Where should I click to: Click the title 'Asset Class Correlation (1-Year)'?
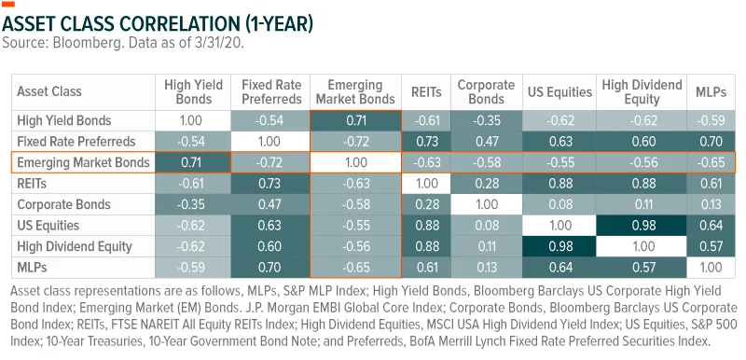[158, 22]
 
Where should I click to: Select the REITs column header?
[426, 91]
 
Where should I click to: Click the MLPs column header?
[711, 91]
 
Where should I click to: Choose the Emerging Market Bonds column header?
[355, 92]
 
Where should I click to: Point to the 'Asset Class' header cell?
[49, 91]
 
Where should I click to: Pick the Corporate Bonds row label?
[63, 204]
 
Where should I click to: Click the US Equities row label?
[48, 226]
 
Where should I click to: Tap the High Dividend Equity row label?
[75, 246]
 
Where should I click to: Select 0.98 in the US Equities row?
[644, 226]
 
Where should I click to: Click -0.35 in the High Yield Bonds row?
[486, 120]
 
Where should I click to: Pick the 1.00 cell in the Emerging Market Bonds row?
[356, 162]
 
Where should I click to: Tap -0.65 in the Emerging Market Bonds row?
[711, 162]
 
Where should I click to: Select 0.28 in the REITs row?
[486, 184]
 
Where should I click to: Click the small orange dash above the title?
[8, 5]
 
